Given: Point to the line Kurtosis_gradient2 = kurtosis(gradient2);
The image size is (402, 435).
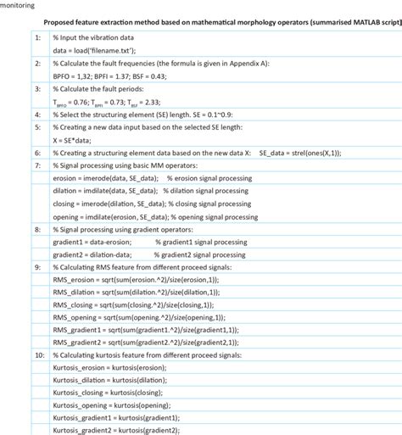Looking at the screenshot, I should (x=116, y=430).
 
